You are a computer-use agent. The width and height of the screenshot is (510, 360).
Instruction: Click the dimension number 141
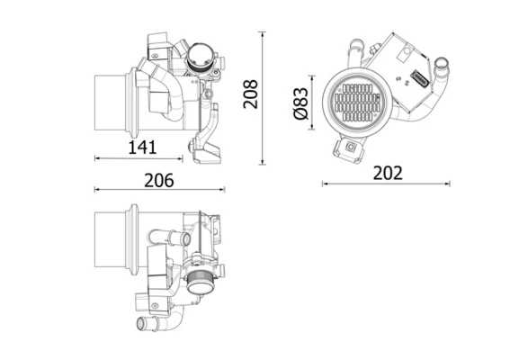pyautogui.click(x=142, y=146)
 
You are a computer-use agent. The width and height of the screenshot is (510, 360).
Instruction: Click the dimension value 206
pyautogui.click(x=158, y=178)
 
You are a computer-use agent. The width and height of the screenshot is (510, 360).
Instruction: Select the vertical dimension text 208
pyautogui.click(x=252, y=94)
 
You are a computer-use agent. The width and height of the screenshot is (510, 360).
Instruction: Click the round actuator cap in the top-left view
pyautogui.click(x=201, y=60)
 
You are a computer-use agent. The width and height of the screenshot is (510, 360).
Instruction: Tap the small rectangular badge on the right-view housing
pyautogui.click(x=418, y=78)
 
